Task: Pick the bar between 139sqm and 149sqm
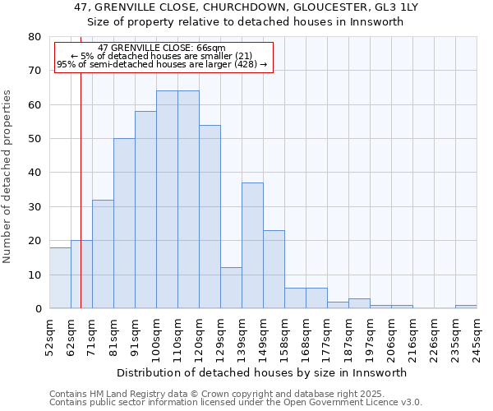(x=252, y=246)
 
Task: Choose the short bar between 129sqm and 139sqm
(x=231, y=289)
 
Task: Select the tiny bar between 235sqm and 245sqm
(x=466, y=307)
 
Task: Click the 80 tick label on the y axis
(x=34, y=37)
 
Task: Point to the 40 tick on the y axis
(x=34, y=173)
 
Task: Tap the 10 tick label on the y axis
(x=34, y=275)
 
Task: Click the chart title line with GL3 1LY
(x=246, y=7)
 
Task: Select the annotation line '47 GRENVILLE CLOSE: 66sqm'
(x=161, y=48)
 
